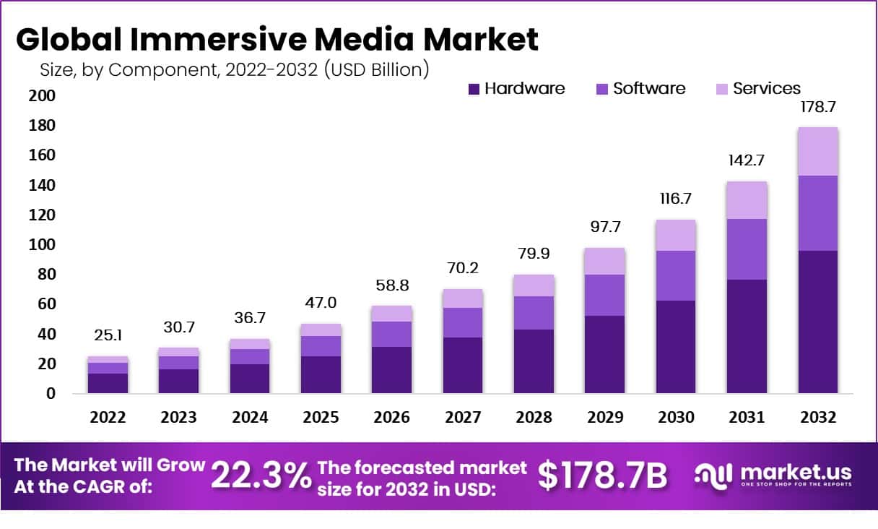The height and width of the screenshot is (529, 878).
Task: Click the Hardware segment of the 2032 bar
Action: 817,322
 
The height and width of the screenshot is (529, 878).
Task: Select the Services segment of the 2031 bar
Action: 747,200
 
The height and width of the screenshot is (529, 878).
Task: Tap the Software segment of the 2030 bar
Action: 676,275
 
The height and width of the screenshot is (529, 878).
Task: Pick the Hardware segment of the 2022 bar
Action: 108,383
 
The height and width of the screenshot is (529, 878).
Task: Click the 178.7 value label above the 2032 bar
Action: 818,107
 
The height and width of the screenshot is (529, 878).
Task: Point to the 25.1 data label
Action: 108,335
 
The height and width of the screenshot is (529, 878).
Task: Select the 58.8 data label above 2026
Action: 392,285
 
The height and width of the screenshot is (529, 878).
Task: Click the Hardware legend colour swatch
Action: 474,89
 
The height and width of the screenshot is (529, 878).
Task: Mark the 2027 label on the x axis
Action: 463,418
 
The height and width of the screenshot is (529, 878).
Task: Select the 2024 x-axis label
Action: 250,418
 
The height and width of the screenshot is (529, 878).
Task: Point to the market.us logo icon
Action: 714,475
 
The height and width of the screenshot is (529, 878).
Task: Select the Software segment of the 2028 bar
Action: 534,313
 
